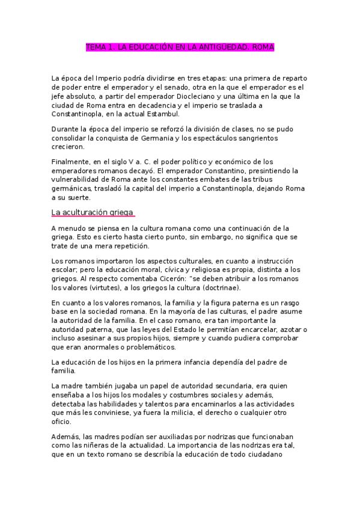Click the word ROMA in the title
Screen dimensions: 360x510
coord(261,46)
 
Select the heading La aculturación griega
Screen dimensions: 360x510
coord(92,212)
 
